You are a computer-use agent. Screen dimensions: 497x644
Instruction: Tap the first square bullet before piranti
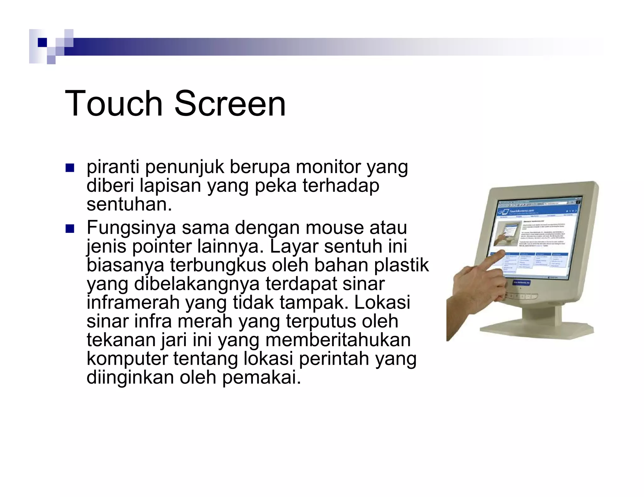tap(69, 168)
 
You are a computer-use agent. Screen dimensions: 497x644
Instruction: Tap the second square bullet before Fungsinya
tap(69, 229)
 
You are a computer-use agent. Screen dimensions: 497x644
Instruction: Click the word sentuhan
tap(129, 205)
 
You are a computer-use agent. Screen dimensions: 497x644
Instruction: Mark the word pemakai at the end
tap(261, 377)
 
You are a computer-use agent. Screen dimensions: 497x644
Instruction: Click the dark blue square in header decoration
tap(42, 42)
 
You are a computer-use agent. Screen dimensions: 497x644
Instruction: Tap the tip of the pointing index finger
tap(502, 253)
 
